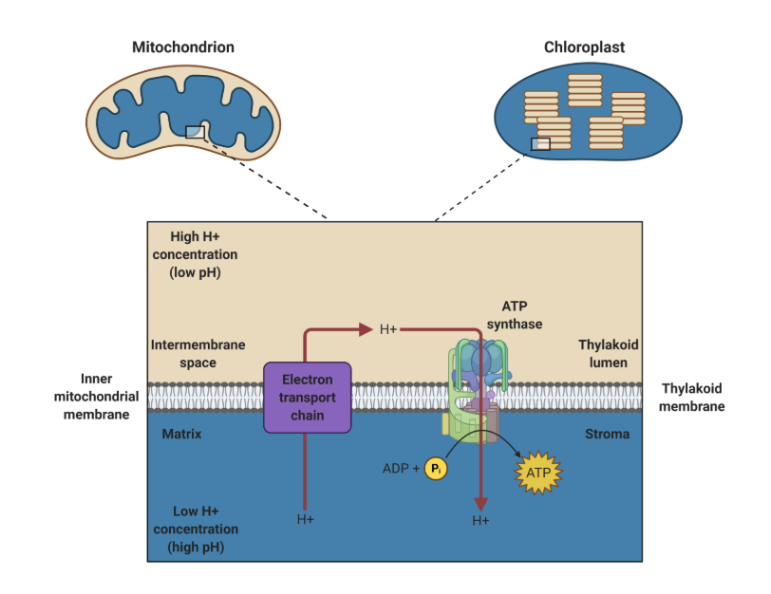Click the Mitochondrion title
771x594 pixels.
[x=182, y=46]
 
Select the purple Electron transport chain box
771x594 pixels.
[x=307, y=397]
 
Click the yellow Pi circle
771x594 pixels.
[x=436, y=468]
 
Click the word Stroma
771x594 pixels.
[x=607, y=434]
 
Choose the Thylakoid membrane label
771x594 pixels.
[x=692, y=398]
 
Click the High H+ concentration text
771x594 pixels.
[x=203, y=254]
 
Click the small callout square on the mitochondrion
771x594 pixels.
[x=194, y=132]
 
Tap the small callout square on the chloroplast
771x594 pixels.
[x=540, y=144]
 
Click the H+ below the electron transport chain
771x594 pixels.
[x=305, y=519]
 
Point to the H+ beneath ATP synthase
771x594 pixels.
[x=480, y=521]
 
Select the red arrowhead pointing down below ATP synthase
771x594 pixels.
[x=480, y=503]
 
